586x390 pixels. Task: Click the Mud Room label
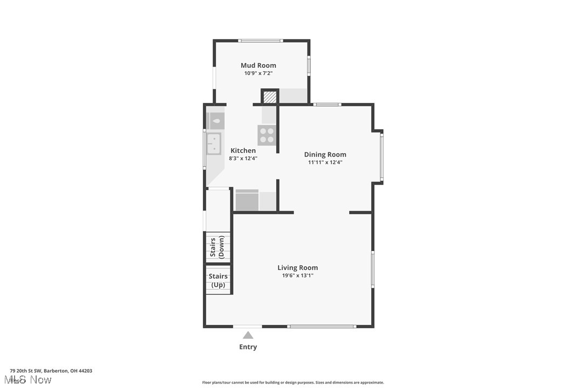[x=258, y=65]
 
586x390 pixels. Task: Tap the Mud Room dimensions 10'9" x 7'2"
[x=258, y=73]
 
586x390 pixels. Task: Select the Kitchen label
[x=243, y=150]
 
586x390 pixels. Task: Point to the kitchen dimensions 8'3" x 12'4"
[x=243, y=158]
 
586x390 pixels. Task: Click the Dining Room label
[x=325, y=154]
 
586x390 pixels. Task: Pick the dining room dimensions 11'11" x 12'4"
[x=325, y=162]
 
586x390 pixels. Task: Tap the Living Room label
[x=297, y=267]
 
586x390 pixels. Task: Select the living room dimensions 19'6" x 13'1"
[x=297, y=275]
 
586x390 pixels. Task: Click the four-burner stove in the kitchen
[x=267, y=135]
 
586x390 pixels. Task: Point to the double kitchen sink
[x=214, y=143]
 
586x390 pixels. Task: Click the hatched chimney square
[x=270, y=97]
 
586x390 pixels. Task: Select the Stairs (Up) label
[x=218, y=280]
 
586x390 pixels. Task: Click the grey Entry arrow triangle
[x=248, y=335]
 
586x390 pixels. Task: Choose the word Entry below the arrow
[x=248, y=347]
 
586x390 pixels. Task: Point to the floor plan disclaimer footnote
[x=293, y=382]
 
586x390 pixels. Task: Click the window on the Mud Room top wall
[x=261, y=40]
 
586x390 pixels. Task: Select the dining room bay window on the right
[x=381, y=157]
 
